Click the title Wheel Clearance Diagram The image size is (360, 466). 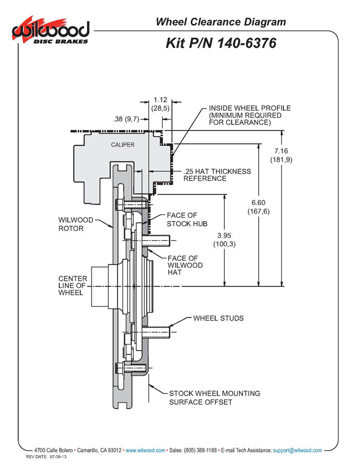tap(221, 22)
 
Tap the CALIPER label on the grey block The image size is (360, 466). tap(122, 145)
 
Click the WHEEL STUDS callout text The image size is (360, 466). tap(218, 318)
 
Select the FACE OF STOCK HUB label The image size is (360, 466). tap(187, 219)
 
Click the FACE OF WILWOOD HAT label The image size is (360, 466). tap(185, 265)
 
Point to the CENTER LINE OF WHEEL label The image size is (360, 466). tap(72, 285)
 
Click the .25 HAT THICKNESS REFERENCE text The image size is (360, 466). tap(217, 175)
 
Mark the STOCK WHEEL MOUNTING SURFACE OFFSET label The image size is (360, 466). tap(214, 398)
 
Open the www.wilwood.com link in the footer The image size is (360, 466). tap(146, 450)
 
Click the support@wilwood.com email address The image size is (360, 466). tap(297, 450)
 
